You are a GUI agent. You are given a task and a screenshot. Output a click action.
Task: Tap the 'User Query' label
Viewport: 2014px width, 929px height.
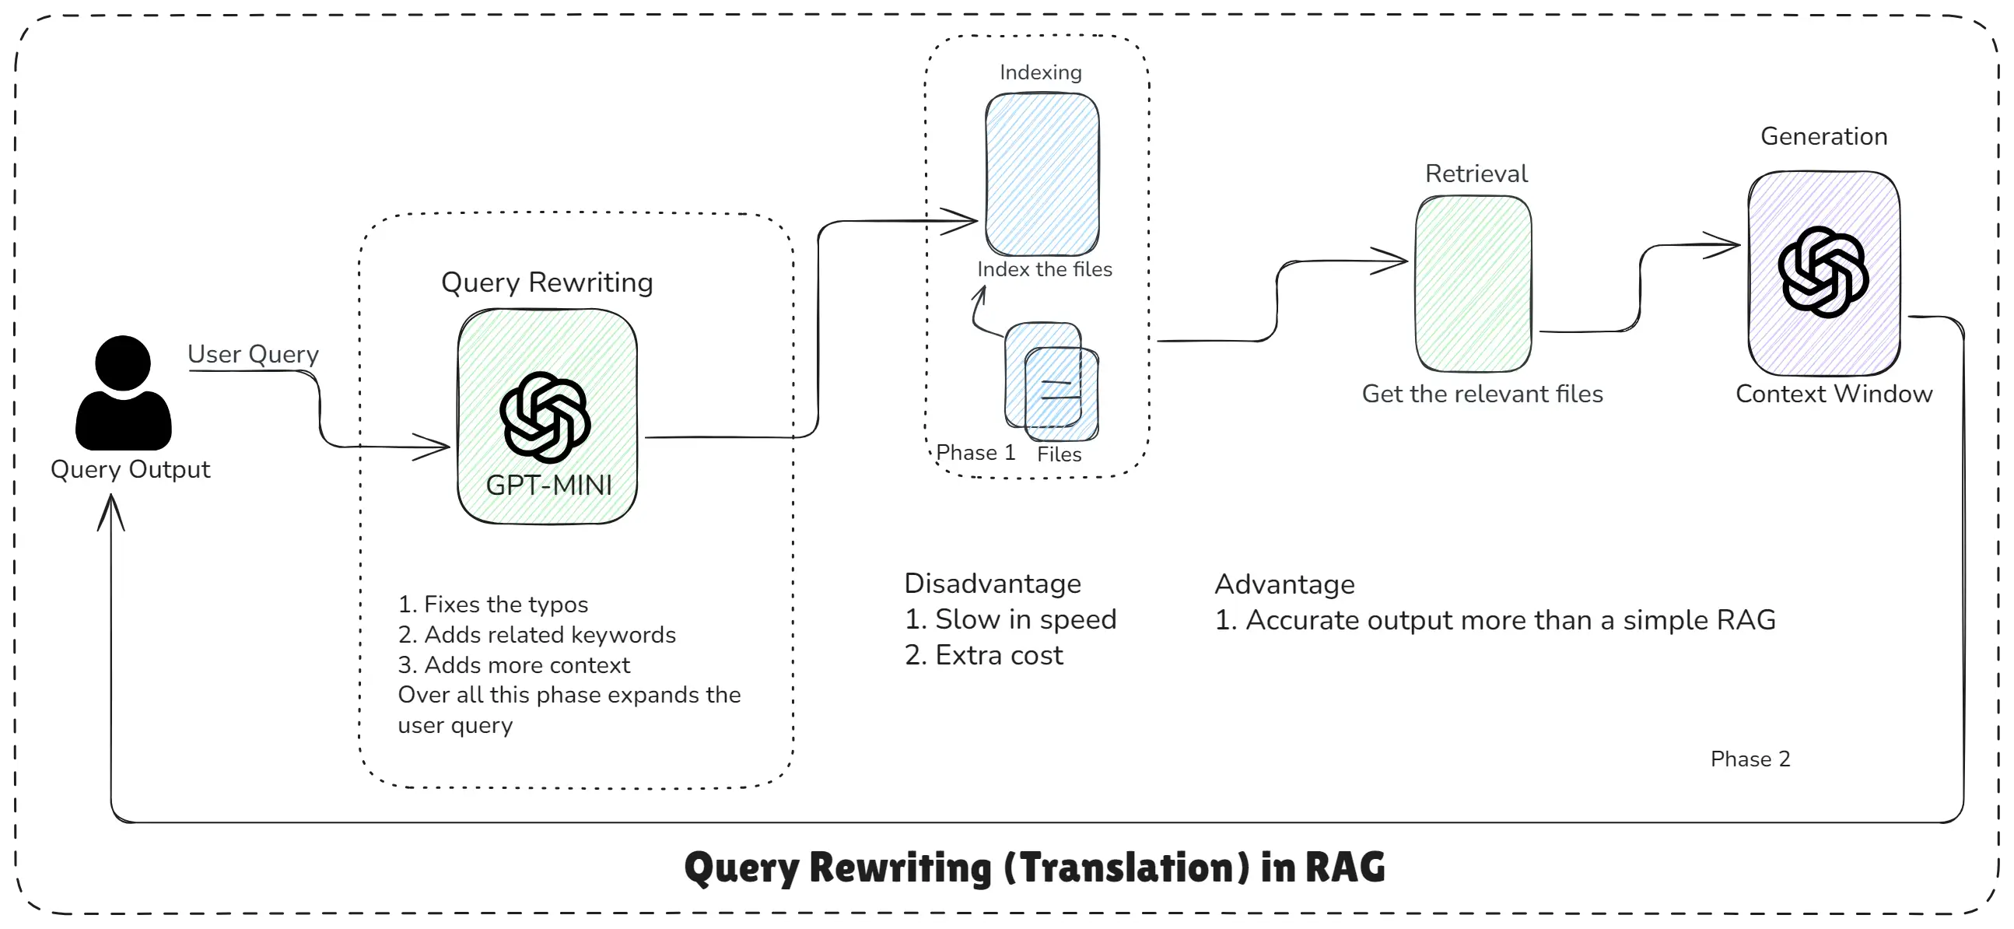point(253,354)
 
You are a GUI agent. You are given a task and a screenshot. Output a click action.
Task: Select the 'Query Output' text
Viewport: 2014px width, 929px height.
point(131,469)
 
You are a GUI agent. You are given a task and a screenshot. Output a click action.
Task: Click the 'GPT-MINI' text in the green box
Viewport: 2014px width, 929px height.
point(549,486)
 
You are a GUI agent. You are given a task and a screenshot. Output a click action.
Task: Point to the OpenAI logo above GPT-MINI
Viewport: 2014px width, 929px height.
point(545,418)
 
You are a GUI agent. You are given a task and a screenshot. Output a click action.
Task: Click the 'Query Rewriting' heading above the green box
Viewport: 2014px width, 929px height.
point(547,282)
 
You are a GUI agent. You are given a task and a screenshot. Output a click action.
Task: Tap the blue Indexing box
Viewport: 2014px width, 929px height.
point(1042,174)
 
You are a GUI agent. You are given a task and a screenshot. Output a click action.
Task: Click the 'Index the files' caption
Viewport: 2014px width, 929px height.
point(1045,270)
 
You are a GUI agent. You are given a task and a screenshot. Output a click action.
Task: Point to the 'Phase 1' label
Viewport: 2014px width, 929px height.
point(975,453)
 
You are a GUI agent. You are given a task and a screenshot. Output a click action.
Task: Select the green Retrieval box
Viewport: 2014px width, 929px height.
point(1473,283)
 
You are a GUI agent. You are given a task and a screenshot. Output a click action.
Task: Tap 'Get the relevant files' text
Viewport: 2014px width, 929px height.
point(1483,394)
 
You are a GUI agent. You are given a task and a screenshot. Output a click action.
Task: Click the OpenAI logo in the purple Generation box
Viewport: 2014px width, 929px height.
point(1823,272)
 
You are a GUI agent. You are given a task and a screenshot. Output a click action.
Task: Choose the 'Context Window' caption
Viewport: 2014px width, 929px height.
point(1834,394)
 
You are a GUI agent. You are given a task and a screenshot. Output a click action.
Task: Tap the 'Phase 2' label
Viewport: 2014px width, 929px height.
point(1750,759)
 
